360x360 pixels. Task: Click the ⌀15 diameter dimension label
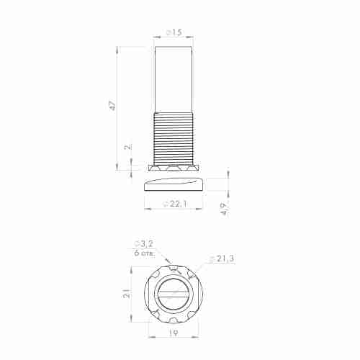tap(174, 33)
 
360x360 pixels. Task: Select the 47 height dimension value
tap(112, 105)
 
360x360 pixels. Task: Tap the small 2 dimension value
tap(127, 147)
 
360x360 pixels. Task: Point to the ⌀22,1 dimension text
tap(175, 205)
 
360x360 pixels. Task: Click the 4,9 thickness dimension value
tap(224, 210)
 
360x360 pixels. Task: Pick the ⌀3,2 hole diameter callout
tap(143, 244)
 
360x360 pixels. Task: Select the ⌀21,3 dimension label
tap(222, 258)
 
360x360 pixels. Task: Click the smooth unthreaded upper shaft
tap(174, 79)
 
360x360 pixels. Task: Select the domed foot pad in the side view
tap(174, 184)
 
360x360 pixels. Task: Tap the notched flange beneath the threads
tap(174, 168)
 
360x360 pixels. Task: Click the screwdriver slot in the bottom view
tap(175, 294)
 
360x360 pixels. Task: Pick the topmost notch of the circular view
tap(175, 267)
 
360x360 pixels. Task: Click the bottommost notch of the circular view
tap(175, 320)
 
